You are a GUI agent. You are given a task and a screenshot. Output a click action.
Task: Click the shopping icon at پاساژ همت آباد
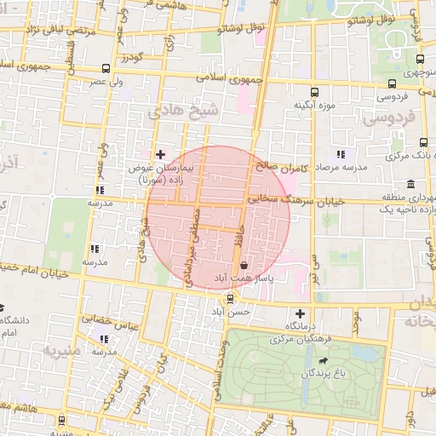pyautogui.click(x=245, y=266)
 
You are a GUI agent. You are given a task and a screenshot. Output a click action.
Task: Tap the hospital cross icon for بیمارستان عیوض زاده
pyautogui.click(x=161, y=154)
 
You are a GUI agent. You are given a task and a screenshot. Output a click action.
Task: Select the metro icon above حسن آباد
pyautogui.click(x=230, y=299)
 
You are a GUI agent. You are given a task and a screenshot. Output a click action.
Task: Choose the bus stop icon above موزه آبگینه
pyautogui.click(x=314, y=92)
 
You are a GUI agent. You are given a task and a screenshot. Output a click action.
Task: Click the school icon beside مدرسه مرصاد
pyautogui.click(x=341, y=154)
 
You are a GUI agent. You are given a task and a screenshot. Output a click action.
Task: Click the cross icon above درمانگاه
pyautogui.click(x=299, y=313)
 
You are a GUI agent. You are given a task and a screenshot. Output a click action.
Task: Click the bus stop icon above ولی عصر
pyautogui.click(x=105, y=68)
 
